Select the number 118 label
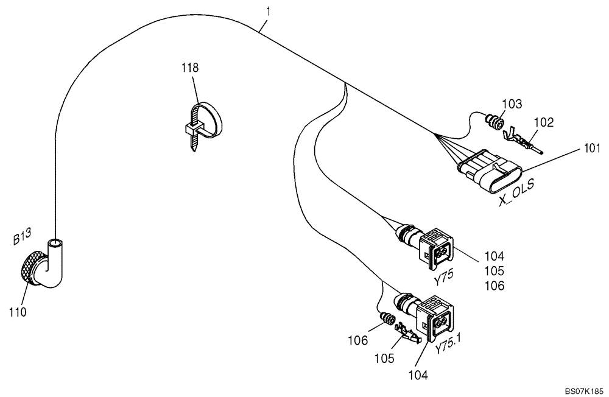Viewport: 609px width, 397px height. pyautogui.click(x=190, y=68)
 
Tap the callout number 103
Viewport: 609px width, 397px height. pyautogui.click(x=512, y=104)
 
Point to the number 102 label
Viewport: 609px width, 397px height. pyautogui.click(x=543, y=122)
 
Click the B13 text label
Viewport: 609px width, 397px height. pyautogui.click(x=23, y=237)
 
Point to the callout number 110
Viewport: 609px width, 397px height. pyautogui.click(x=18, y=312)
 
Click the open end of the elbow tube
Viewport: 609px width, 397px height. pyautogui.click(x=55, y=242)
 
